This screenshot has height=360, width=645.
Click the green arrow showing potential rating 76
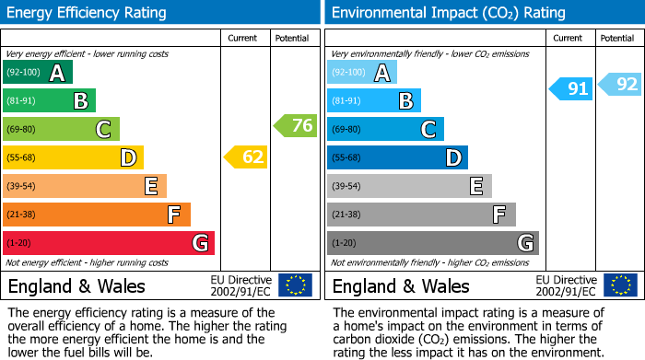click(296, 126)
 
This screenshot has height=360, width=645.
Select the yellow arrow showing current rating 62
click(246, 157)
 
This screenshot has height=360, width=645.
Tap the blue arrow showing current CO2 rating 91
click(570, 88)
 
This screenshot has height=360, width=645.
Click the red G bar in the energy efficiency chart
click(109, 243)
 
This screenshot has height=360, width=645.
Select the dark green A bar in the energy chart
click(38, 73)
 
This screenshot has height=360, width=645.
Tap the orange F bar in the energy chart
click(97, 215)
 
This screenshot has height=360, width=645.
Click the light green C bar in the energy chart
click(62, 130)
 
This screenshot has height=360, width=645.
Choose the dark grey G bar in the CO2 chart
click(432, 243)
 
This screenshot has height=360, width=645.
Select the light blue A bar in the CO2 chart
click(362, 73)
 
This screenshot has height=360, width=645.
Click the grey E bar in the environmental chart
click(409, 186)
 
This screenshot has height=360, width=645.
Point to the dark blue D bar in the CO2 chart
click(397, 158)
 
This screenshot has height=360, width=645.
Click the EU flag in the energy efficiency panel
click(296, 285)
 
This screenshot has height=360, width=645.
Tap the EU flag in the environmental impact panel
click(620, 285)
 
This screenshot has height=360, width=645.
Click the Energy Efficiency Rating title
click(88, 13)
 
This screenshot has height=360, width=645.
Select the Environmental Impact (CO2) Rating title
click(448, 13)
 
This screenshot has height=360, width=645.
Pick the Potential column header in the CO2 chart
click(617, 38)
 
